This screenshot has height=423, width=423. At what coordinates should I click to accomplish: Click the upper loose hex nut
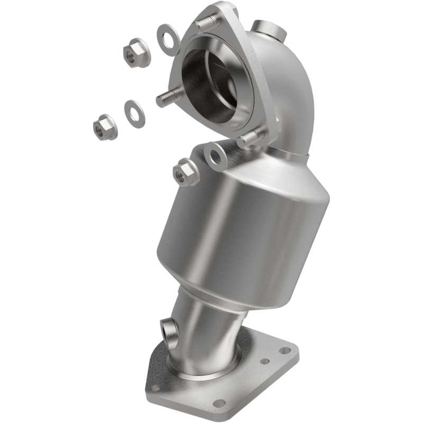(137, 52)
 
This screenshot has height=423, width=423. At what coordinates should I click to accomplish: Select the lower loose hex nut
(105, 127)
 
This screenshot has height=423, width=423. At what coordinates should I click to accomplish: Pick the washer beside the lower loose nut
(134, 113)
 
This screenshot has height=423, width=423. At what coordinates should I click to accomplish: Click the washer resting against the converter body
(215, 155)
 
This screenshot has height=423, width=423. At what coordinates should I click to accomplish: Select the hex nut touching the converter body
(185, 172)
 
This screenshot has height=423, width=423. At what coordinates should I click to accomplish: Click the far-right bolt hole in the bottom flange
(285, 350)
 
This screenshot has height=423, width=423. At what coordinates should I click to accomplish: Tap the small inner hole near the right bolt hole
(265, 362)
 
